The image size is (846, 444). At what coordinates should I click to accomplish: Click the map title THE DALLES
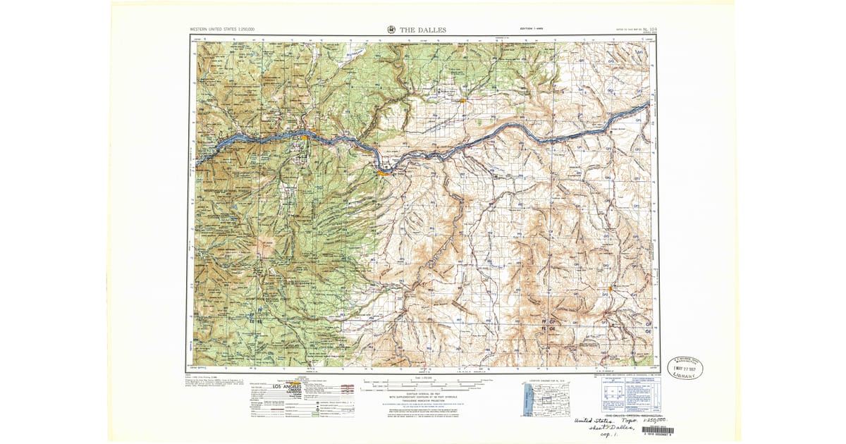[x=423, y=30]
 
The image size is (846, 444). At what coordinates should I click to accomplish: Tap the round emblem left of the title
[x=391, y=30]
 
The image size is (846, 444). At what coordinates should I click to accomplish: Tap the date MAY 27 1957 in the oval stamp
[x=685, y=368]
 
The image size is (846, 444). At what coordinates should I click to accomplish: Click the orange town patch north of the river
[x=462, y=101]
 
